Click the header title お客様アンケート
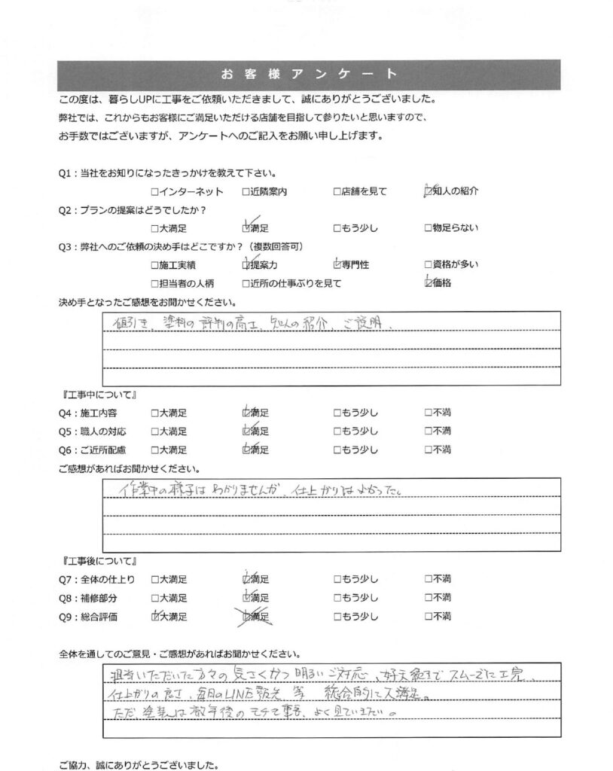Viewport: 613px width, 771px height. click(x=307, y=74)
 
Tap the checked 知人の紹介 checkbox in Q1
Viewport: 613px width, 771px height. click(x=428, y=191)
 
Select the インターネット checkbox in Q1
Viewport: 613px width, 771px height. click(x=154, y=191)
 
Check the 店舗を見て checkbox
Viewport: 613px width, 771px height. click(x=337, y=191)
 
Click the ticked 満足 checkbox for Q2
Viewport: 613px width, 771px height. click(x=246, y=227)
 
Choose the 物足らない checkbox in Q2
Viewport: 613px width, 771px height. click(x=428, y=227)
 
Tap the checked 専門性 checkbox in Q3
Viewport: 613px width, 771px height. click(x=337, y=265)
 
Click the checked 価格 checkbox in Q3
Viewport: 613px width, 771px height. click(x=428, y=283)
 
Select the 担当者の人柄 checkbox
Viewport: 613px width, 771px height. click(x=154, y=284)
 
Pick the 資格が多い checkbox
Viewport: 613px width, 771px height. click(x=428, y=265)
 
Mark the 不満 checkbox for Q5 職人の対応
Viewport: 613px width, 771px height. click(x=428, y=431)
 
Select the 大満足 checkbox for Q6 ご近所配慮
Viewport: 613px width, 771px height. click(x=154, y=449)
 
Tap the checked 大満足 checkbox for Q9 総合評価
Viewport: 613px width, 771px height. click(x=155, y=617)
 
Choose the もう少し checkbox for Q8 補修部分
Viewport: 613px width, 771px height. click(x=337, y=598)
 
